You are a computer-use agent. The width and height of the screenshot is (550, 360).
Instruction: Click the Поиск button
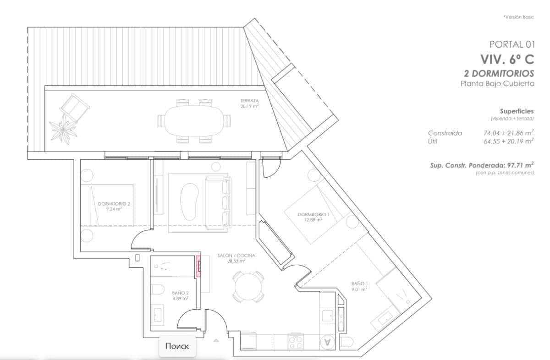tap(177, 346)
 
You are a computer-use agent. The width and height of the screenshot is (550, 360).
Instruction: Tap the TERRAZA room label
tap(249, 103)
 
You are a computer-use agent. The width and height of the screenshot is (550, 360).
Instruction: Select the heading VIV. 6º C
tap(507, 60)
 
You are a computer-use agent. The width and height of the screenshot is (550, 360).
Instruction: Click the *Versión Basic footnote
tap(518, 17)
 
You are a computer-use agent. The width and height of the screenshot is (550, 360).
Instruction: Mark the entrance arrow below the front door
tap(216, 340)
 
